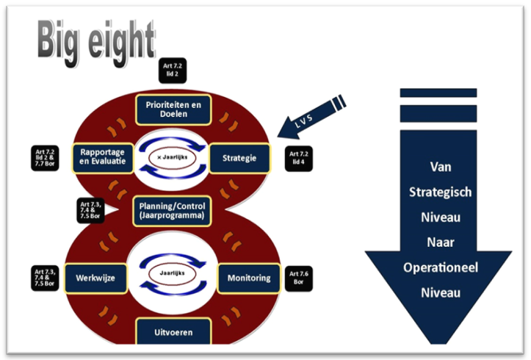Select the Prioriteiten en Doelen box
174,110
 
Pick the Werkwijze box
96,278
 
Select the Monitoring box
249,278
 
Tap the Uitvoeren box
174,331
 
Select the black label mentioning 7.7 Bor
42,156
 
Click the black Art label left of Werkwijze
44,278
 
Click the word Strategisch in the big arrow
440,192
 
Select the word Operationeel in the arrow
440,267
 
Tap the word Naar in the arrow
440,242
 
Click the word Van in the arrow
440,168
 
